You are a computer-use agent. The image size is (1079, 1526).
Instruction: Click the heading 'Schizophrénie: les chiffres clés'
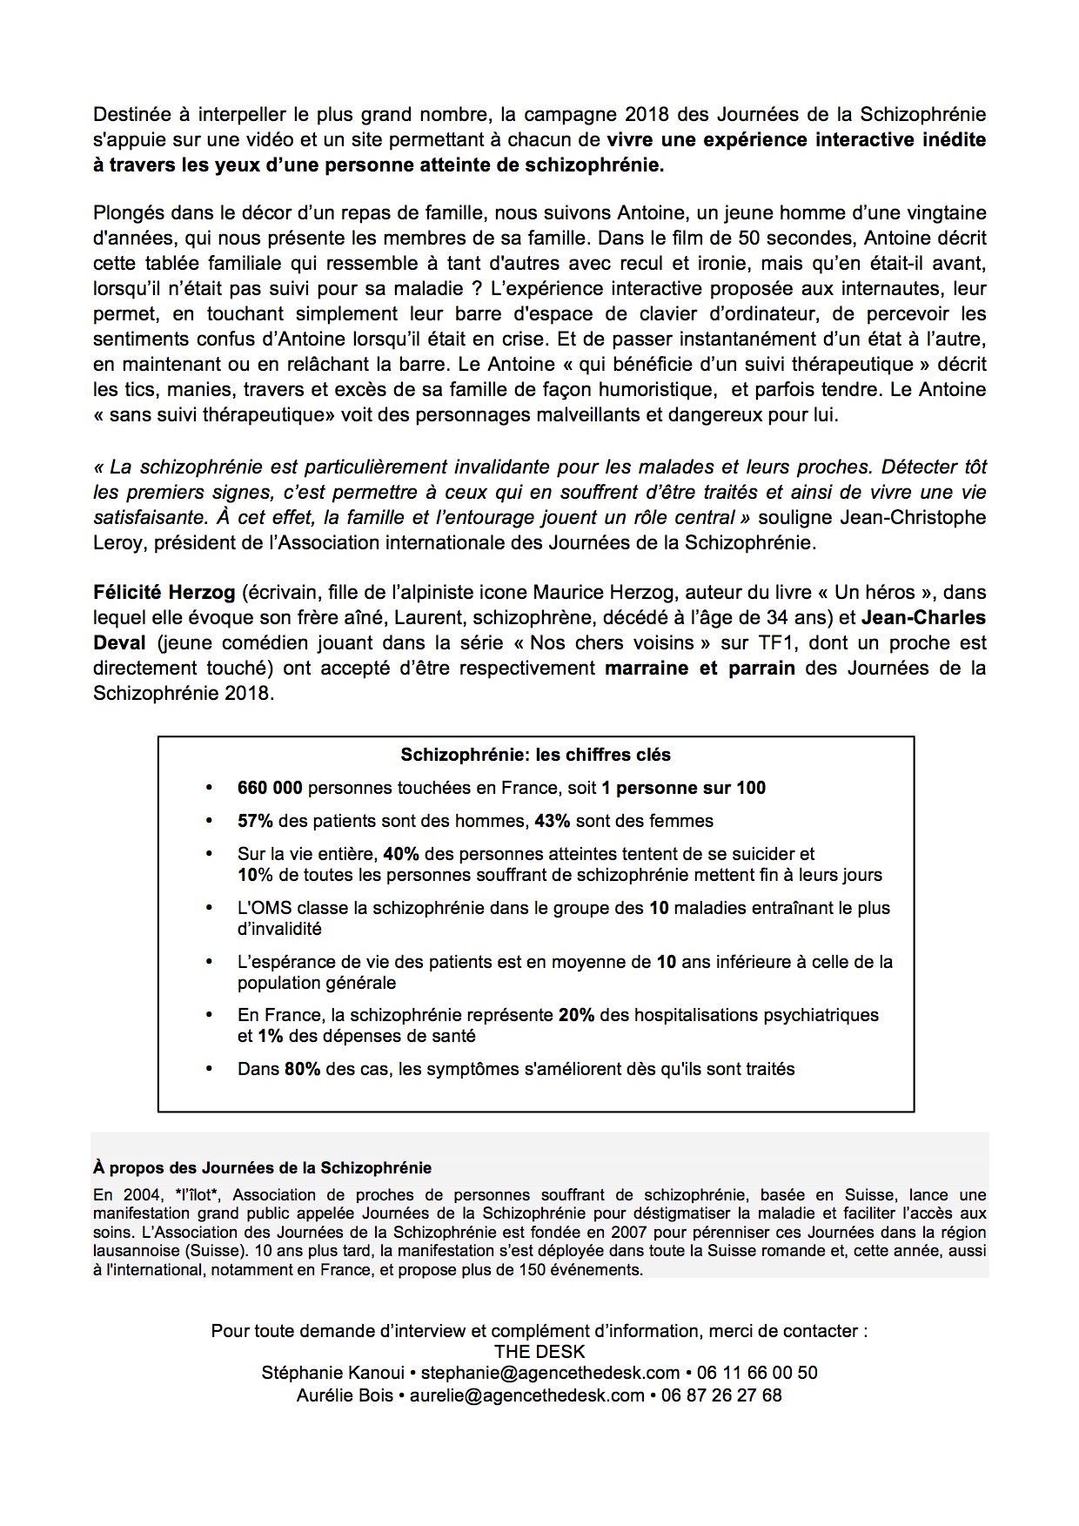tap(535, 756)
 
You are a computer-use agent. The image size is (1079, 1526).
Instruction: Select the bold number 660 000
tap(270, 789)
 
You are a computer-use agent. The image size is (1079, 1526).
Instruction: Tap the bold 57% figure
tap(255, 821)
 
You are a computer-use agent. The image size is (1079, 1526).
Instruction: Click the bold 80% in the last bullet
tap(303, 1069)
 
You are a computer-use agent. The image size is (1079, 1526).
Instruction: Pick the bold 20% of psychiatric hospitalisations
tap(576, 1015)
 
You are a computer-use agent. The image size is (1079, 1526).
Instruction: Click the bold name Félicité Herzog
tap(164, 593)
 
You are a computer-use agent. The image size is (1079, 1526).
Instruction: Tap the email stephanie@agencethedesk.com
tap(550, 1373)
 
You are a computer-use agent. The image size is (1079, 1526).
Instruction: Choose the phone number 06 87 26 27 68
tap(721, 1395)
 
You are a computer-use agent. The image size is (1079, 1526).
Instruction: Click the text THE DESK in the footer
tap(539, 1352)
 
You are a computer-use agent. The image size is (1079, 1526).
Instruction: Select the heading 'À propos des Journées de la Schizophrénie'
tap(262, 1167)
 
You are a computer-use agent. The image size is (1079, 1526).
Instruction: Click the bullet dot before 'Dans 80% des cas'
tap(209, 1069)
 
